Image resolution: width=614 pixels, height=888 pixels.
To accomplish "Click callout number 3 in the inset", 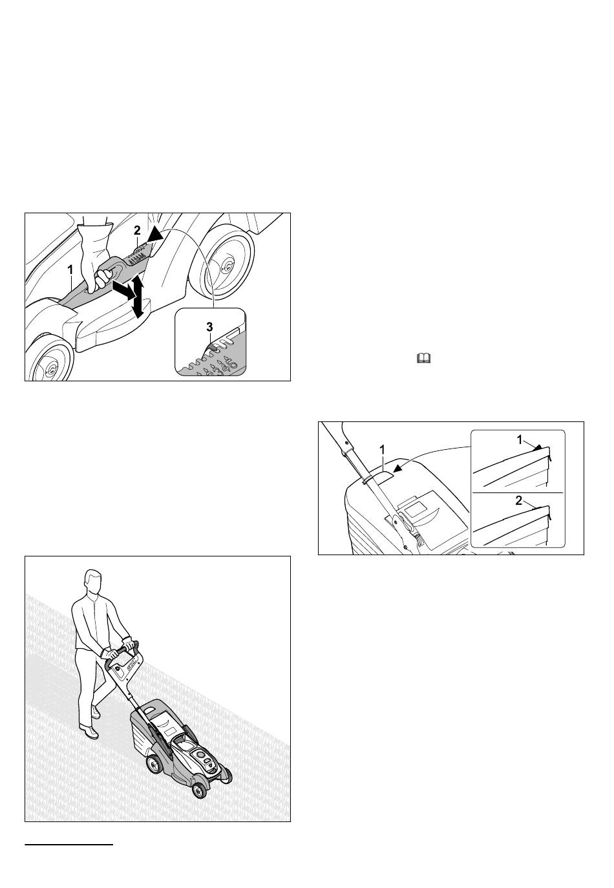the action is pyautogui.click(x=209, y=327).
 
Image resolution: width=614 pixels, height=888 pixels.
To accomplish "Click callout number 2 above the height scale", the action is pyautogui.click(x=137, y=231).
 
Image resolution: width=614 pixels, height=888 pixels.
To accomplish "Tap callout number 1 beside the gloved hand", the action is pyautogui.click(x=70, y=270).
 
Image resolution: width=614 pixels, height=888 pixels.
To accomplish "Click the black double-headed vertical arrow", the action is pyautogui.click(x=137, y=297).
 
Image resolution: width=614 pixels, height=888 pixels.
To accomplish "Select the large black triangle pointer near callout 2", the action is pyautogui.click(x=154, y=237).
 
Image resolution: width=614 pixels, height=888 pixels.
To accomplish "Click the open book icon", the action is pyautogui.click(x=423, y=359).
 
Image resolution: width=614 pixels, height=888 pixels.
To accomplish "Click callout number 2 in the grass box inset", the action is pyautogui.click(x=519, y=501).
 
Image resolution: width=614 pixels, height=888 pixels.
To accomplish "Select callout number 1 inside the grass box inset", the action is pyautogui.click(x=520, y=439).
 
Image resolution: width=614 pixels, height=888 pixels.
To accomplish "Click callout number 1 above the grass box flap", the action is pyautogui.click(x=382, y=450).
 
